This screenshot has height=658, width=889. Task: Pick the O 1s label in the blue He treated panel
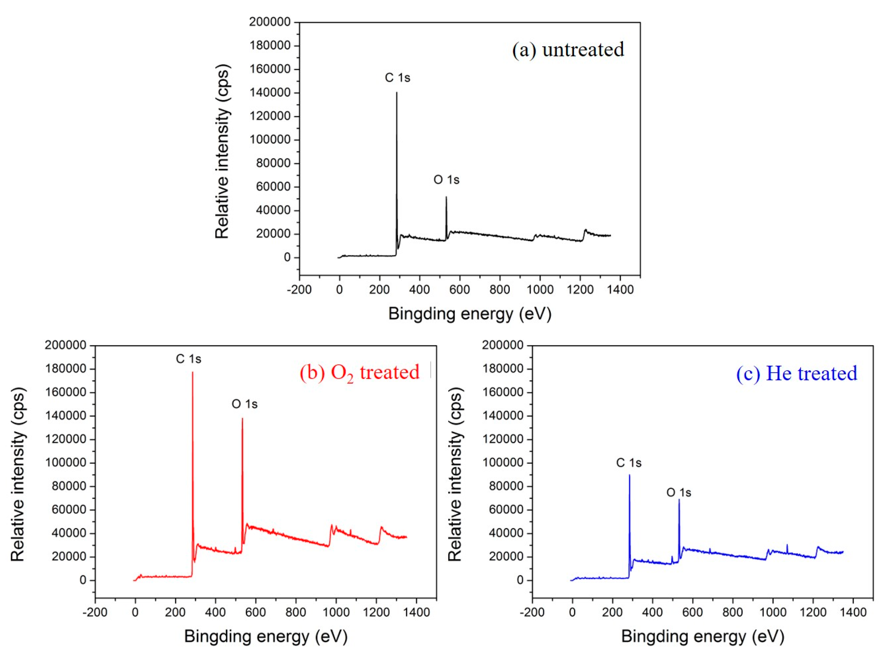[x=679, y=493]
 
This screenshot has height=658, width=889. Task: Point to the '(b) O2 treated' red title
[x=359, y=372]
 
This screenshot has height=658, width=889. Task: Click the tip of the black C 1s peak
[x=397, y=93]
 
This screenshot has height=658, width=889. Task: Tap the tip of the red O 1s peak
[x=242, y=418]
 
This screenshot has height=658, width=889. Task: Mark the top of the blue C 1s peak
[x=629, y=475]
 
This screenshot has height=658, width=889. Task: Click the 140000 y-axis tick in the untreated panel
[x=270, y=93]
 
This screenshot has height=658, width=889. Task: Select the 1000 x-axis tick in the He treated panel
[x=773, y=612]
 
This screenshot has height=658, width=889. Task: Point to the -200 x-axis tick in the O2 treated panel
[x=95, y=612]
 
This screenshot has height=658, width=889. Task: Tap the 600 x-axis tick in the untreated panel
[x=459, y=290]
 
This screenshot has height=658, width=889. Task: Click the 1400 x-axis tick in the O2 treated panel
[x=416, y=612]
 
